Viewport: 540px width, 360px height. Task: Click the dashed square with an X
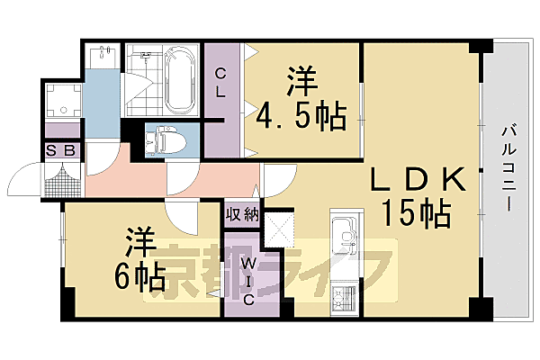pyautogui.click(x=282, y=227)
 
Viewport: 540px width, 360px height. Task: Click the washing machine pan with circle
pyautogui.click(x=61, y=103)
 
